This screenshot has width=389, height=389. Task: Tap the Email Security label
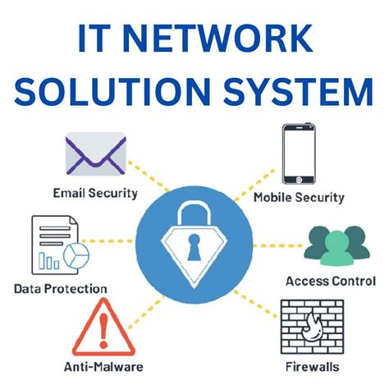pos(95,194)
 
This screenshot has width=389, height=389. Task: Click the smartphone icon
pos(297,153)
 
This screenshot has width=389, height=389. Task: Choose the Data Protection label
pos(61,288)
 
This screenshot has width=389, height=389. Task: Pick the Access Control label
pos(331,281)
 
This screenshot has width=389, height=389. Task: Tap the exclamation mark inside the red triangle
pos(102,330)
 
